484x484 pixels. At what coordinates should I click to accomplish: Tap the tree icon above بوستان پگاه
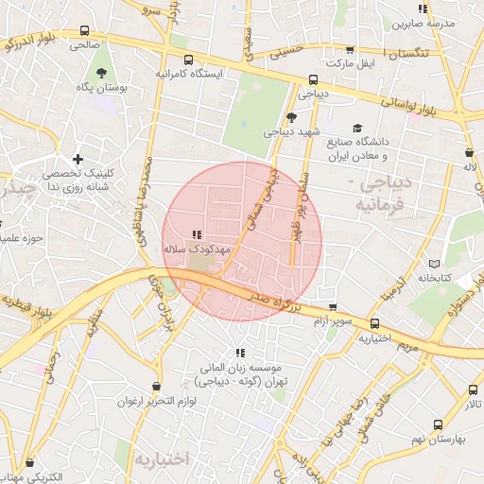[99, 73]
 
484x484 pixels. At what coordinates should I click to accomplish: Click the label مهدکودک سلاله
[198, 248]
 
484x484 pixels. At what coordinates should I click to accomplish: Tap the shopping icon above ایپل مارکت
[351, 50]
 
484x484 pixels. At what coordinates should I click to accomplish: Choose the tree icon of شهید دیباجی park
[291, 117]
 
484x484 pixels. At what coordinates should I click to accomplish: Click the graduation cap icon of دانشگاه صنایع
[357, 128]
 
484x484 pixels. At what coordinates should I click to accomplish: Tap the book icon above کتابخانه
[434, 263]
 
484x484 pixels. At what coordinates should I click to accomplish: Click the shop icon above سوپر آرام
[333, 306]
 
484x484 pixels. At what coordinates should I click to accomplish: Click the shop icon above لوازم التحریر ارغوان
[158, 387]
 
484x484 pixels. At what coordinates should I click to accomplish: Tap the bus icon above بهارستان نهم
[473, 389]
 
